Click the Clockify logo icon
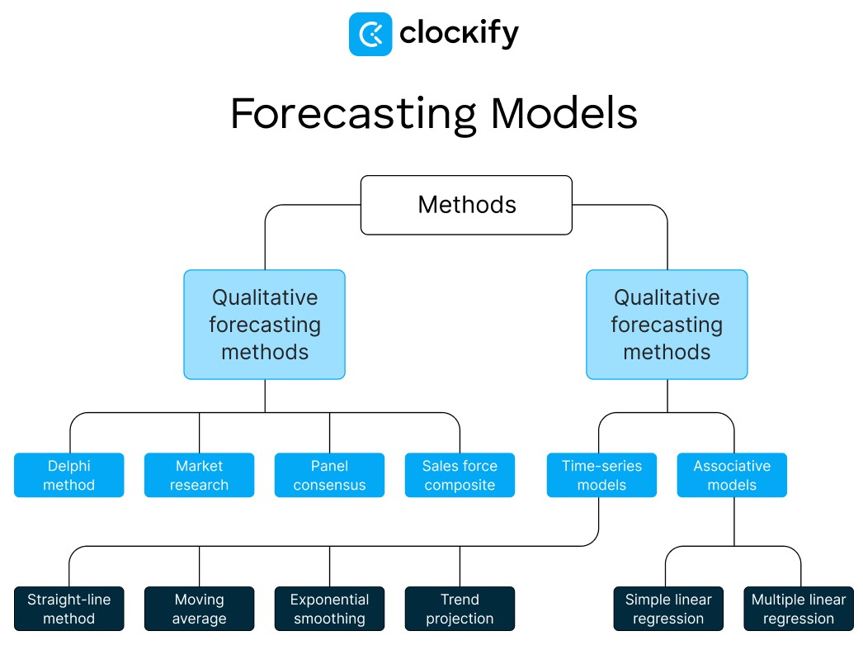(x=370, y=34)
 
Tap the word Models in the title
(x=564, y=114)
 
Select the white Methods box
(x=466, y=205)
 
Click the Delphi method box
(x=69, y=475)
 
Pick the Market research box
(x=200, y=475)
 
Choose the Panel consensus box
(x=329, y=475)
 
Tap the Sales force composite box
(x=460, y=475)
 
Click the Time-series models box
(x=601, y=475)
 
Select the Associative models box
(x=732, y=475)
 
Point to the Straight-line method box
(x=69, y=609)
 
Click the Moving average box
(x=200, y=609)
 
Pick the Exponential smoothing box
(x=329, y=609)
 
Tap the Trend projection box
(x=460, y=609)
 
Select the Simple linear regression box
(x=668, y=609)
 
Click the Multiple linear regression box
(x=799, y=609)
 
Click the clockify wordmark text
(x=459, y=34)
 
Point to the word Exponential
(x=329, y=600)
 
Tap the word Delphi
(x=69, y=466)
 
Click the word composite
(x=460, y=485)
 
